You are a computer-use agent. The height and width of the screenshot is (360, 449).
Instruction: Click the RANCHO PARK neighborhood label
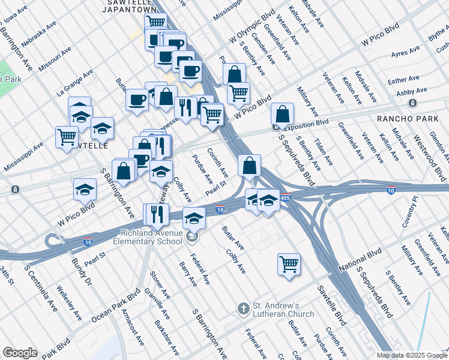click(x=408, y=119)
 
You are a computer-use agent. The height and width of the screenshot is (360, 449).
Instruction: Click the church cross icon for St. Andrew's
click(x=243, y=310)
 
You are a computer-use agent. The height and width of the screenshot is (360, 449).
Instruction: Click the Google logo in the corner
click(x=20, y=353)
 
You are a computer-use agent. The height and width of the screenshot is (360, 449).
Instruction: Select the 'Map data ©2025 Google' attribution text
click(x=411, y=355)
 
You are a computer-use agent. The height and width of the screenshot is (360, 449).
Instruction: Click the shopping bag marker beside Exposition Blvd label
click(x=282, y=114)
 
